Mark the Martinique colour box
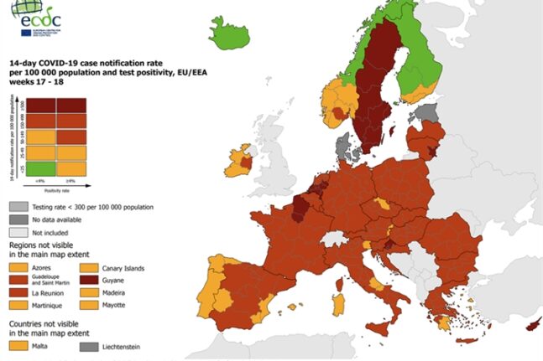pos(21,306)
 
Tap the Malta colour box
pos(21,343)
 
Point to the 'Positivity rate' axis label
pos(51,190)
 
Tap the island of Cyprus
pos(530,324)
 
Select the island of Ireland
pos(238,158)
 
